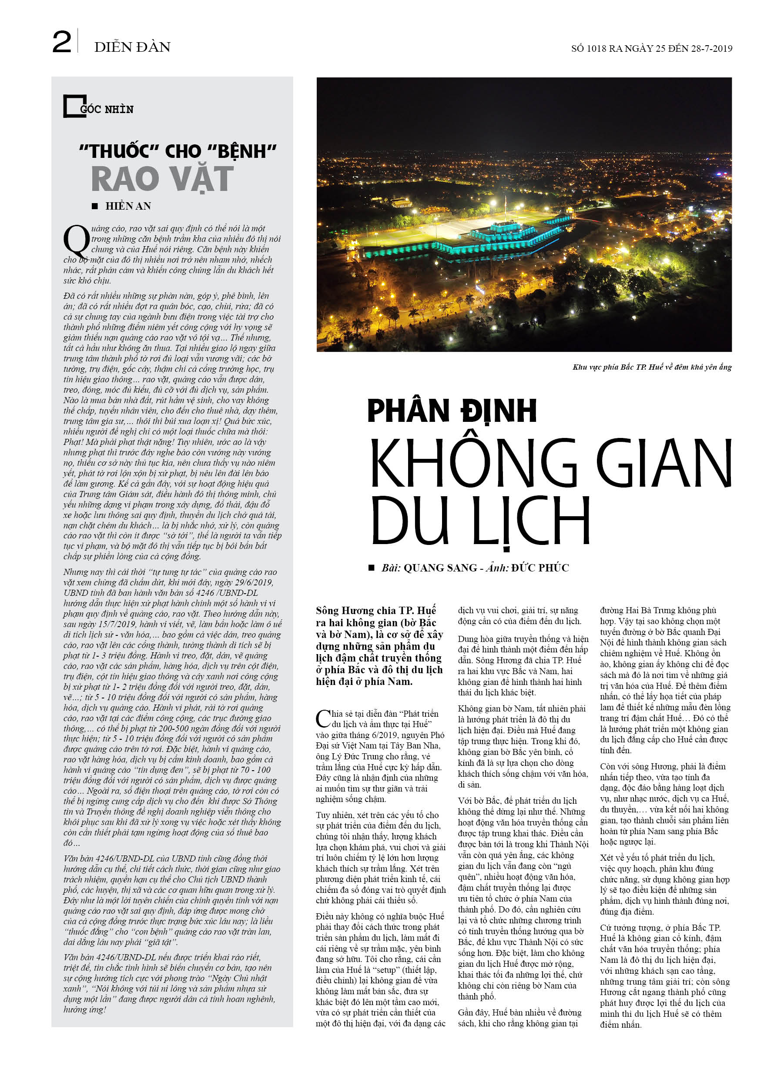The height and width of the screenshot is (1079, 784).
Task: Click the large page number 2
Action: coord(62,42)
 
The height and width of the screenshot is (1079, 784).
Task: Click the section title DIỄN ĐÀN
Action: coord(132,47)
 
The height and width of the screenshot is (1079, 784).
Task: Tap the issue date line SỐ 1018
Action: coord(651,49)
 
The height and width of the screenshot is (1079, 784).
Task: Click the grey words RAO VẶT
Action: coord(162,179)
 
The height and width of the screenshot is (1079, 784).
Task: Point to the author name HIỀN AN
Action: coord(128,206)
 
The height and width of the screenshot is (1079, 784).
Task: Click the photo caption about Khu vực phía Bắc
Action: coord(652,367)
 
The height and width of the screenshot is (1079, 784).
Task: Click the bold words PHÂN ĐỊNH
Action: coord(452,411)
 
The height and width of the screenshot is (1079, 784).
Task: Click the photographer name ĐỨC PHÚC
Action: coord(540,568)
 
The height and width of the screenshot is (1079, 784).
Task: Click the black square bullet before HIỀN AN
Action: coord(95,206)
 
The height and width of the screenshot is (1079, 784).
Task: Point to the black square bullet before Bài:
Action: coord(371,568)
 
